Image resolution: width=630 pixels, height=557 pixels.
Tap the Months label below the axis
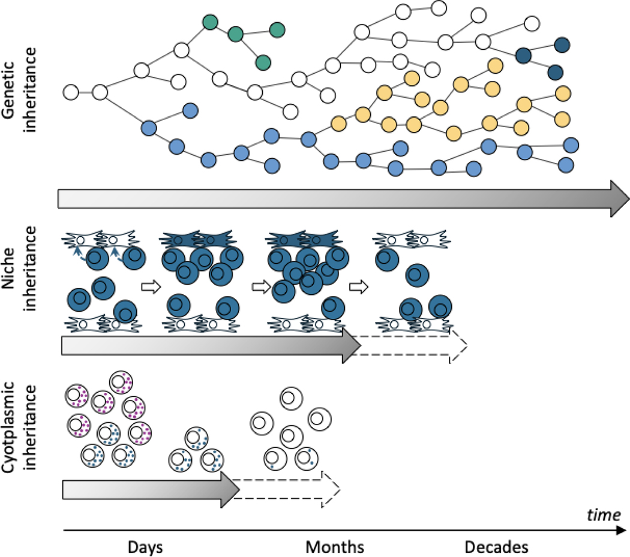pos(334,547)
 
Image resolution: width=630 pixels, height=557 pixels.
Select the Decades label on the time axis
pos(496,547)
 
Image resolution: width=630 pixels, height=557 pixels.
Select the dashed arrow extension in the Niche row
pos(414,346)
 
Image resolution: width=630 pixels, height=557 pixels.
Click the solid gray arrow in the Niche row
pos(204,347)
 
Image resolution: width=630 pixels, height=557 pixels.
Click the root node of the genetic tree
pos(71,92)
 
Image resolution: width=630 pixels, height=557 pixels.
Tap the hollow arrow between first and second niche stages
pos(147,287)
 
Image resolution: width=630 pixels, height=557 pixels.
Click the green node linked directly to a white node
pos(210,23)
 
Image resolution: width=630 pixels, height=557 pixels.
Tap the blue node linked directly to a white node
pos(148,127)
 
